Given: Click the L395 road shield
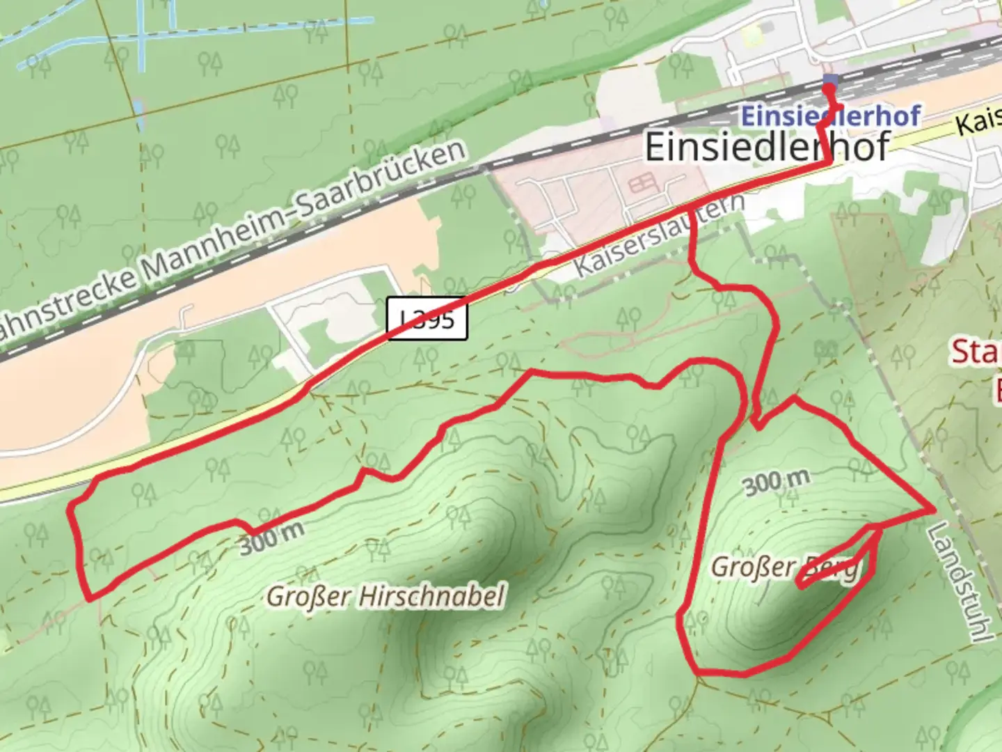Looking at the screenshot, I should tap(427, 320).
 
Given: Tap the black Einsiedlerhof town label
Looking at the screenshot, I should tap(767, 146).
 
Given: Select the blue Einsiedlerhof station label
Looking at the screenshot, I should tap(830, 116).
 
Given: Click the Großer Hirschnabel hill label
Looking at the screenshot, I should tap(385, 597).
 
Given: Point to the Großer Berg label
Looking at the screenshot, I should tap(784, 567).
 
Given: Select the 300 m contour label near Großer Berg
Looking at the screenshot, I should tap(777, 482).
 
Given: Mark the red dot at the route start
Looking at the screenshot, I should tap(829, 89).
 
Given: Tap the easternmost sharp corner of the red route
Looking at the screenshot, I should tap(932, 510).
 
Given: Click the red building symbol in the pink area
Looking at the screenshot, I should tap(642, 185).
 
